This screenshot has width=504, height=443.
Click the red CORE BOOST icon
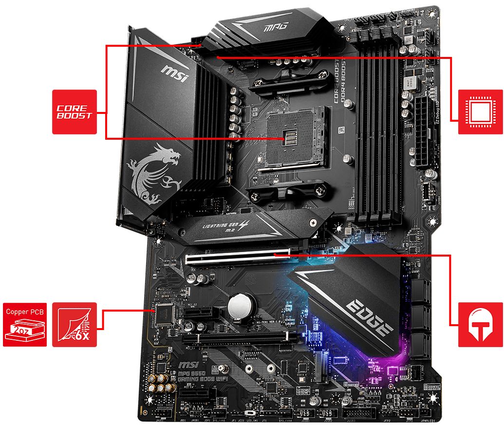point(74,111)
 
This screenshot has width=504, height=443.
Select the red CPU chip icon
point(481,111)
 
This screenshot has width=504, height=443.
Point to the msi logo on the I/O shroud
point(174,74)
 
